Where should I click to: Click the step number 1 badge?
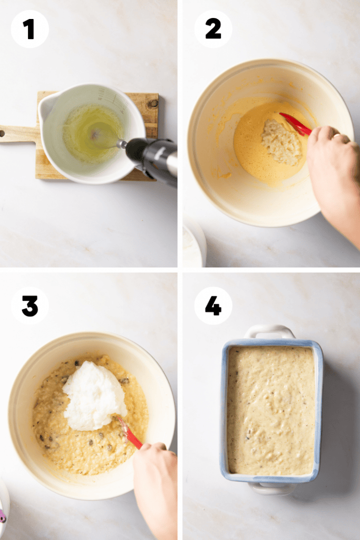(x=30, y=29)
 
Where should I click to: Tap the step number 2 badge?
(x=213, y=29)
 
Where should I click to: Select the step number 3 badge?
(x=30, y=305)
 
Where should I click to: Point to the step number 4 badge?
(x=213, y=305)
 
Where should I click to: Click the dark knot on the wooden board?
(x=153, y=103)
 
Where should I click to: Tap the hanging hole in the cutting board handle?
(x=3, y=133)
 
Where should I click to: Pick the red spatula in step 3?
(x=130, y=433)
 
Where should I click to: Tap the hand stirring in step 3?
(x=155, y=489)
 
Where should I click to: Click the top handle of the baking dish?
(x=269, y=331)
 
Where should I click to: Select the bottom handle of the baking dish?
(x=272, y=488)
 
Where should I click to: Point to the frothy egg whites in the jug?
(x=91, y=134)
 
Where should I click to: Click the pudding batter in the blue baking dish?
(x=271, y=410)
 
